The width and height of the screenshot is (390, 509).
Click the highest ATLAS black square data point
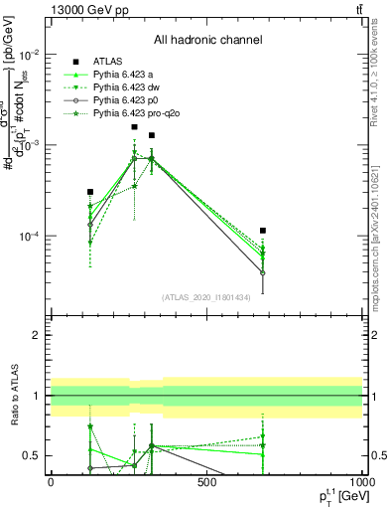[134, 127]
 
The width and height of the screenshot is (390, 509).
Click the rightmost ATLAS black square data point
[263, 231]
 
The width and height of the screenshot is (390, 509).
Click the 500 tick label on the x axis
[206, 482]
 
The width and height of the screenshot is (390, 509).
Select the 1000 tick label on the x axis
[361, 482]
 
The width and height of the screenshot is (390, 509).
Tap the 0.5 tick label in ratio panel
[33, 456]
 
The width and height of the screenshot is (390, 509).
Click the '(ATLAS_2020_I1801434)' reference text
[206, 297]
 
